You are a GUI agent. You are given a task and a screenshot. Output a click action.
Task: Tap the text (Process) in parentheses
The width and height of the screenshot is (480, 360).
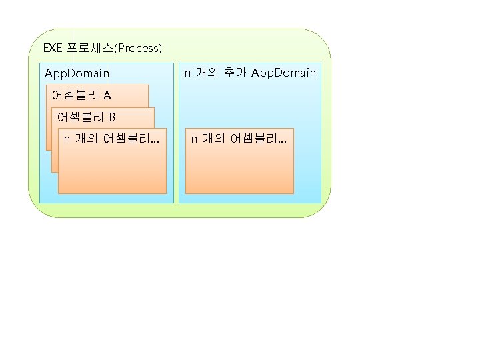click(138, 48)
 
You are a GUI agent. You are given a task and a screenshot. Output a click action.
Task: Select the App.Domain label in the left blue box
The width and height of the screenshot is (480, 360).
click(77, 73)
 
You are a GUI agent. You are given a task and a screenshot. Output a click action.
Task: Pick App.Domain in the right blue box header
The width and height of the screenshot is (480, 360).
click(283, 72)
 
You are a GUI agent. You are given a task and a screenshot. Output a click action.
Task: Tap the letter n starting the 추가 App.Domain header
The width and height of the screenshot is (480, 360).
click(187, 72)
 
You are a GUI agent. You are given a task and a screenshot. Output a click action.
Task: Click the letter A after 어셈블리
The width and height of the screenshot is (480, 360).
click(107, 95)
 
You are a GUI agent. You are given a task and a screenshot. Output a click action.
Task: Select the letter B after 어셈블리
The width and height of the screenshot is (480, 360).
click(112, 117)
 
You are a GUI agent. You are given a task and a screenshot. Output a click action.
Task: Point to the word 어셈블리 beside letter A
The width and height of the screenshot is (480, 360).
click(76, 95)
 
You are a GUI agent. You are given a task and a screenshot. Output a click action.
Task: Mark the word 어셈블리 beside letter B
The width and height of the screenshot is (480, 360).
click(81, 117)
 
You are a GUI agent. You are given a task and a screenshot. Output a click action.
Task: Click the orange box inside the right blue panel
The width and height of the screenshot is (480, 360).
click(239, 170)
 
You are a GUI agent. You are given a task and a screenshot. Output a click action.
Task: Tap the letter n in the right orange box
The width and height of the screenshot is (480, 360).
click(194, 139)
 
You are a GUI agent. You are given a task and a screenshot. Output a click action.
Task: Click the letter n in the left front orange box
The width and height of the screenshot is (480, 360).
click(67, 139)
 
